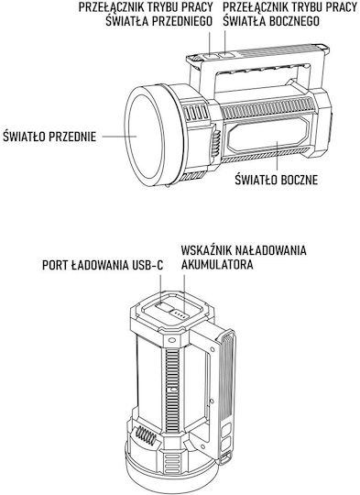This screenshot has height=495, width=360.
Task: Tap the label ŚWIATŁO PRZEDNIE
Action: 49,137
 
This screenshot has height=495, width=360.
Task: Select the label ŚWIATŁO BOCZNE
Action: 277,180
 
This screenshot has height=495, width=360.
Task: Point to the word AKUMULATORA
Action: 217,265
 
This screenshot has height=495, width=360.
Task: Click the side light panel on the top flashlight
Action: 269,134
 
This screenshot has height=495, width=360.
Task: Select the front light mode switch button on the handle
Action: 210,56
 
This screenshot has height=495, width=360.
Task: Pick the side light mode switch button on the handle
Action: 225,55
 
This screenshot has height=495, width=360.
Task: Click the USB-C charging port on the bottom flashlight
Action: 163,306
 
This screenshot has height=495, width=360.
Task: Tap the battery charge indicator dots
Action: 179,314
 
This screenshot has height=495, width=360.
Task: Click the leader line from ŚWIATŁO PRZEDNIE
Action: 119,137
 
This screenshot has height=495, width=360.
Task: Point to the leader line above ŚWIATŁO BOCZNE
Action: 277,156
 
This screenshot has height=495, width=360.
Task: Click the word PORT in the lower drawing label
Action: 55,265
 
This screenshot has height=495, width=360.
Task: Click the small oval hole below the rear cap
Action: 171,340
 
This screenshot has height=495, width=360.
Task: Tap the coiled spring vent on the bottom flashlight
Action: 146,436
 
